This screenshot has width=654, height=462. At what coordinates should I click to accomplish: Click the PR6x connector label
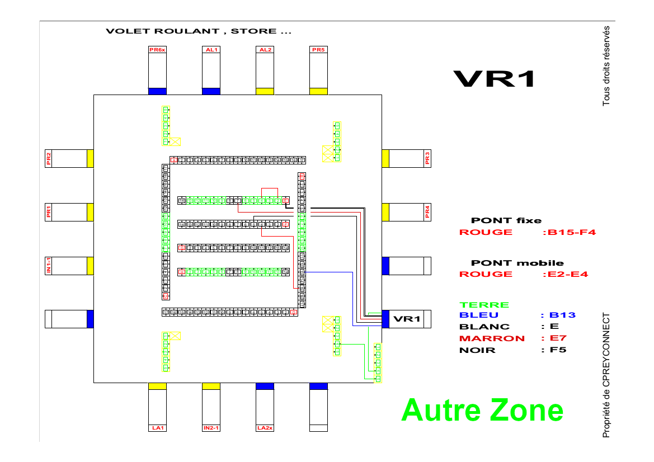click(157, 50)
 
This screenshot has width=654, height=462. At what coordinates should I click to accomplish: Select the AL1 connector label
click(211, 50)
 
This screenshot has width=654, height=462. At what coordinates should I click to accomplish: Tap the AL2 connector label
click(265, 50)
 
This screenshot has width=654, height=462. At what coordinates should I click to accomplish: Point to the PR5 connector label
click(318, 50)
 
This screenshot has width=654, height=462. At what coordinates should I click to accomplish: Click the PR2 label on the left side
click(49, 159)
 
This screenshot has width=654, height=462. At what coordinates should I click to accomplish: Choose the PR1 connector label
click(49, 212)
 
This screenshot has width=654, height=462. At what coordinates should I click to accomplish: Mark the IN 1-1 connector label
click(49, 266)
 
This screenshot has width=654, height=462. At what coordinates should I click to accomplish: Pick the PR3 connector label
click(427, 159)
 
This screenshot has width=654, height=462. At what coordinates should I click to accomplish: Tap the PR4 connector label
click(427, 212)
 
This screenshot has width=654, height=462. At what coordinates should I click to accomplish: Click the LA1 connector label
click(157, 428)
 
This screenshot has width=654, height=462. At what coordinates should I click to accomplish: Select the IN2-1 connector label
click(211, 428)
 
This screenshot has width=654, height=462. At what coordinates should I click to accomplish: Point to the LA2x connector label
click(265, 428)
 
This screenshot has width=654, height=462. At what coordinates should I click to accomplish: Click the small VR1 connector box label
click(406, 319)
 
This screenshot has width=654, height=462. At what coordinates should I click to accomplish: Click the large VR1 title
click(493, 79)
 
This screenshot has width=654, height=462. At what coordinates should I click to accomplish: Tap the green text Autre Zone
click(482, 410)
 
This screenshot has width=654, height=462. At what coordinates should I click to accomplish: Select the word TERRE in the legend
click(484, 305)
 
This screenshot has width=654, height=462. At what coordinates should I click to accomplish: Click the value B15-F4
click(569, 232)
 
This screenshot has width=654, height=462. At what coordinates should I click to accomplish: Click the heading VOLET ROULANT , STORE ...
click(199, 31)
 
